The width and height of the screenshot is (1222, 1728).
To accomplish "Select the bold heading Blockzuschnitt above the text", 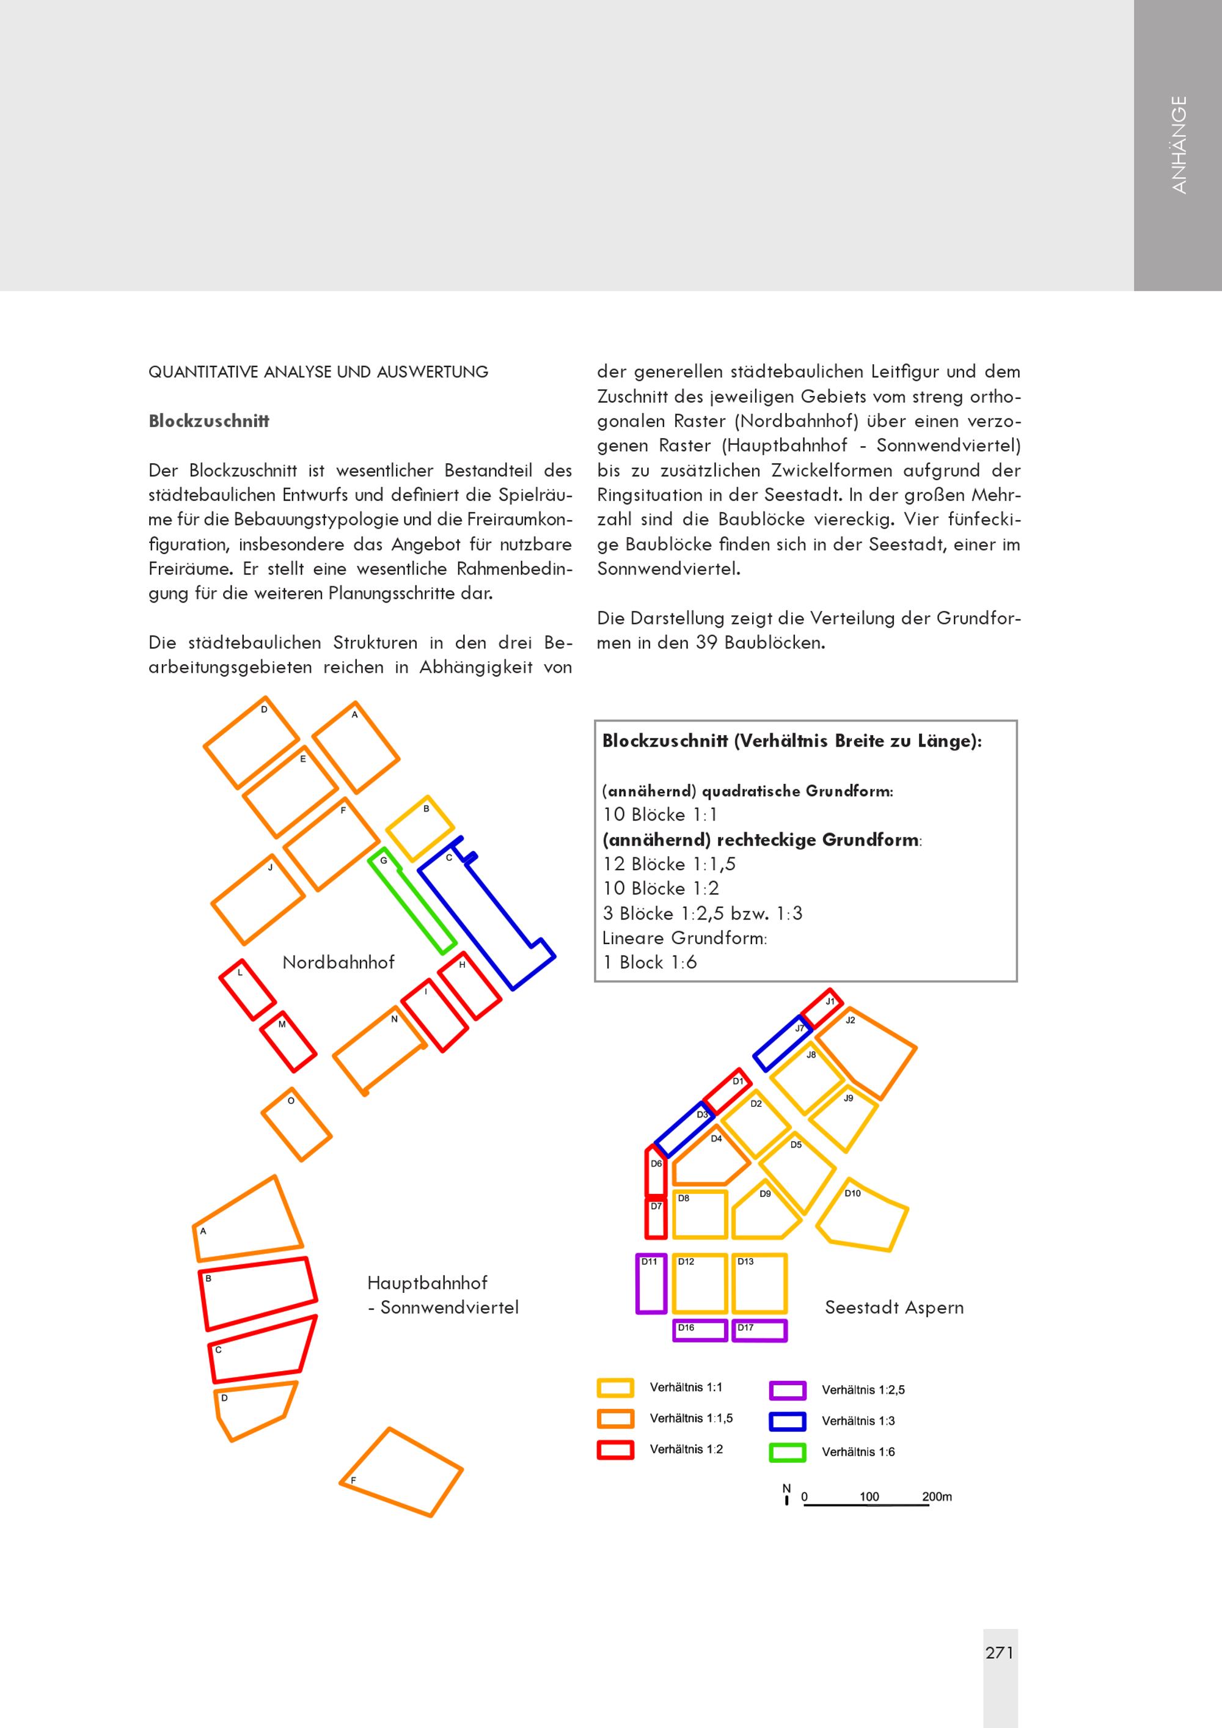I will (x=208, y=421).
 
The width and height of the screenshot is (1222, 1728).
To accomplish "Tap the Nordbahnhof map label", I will (x=338, y=962).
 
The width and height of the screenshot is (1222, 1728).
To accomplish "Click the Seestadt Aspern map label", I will (x=893, y=1307).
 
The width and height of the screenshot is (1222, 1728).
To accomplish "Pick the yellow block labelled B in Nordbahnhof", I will (x=420, y=828).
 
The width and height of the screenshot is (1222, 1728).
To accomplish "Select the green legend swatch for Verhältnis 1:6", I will (x=787, y=1452).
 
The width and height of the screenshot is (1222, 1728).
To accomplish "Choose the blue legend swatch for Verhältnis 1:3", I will (x=787, y=1421).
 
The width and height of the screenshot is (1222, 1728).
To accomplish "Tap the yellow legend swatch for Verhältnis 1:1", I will (x=615, y=1387).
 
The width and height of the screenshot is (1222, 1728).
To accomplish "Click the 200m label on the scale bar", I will (x=936, y=1496).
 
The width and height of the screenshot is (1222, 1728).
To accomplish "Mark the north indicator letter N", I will (x=786, y=1488).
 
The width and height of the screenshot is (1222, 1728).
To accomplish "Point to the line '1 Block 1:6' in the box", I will (x=649, y=962).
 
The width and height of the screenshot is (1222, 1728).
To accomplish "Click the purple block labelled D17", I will (x=759, y=1330).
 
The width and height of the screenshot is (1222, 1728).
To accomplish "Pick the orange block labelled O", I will (x=296, y=1124).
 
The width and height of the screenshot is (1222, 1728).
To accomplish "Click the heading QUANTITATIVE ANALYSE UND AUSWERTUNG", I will (x=318, y=372).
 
